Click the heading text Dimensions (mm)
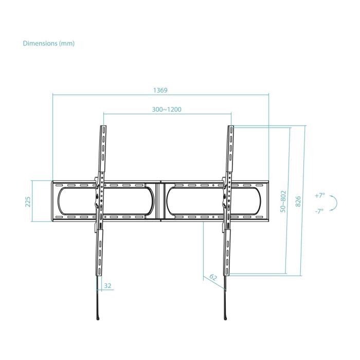click(49, 43)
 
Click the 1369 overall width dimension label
click(160, 89)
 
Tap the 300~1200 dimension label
click(167, 109)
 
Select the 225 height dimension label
click(28, 201)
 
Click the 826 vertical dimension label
click(298, 201)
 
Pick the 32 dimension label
click(107, 285)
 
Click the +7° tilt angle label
click(320, 195)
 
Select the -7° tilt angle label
click(320, 211)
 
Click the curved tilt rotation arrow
click(334, 203)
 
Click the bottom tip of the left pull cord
click(97, 318)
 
